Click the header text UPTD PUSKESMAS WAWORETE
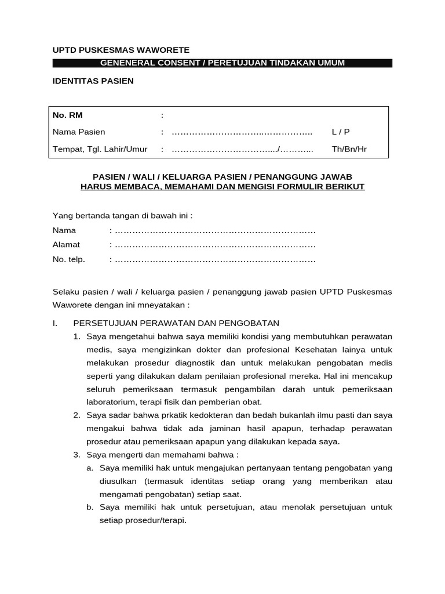click(x=121, y=50)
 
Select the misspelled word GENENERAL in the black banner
click(x=125, y=63)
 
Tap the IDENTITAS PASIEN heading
click(x=93, y=81)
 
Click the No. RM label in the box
click(x=68, y=115)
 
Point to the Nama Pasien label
click(x=79, y=132)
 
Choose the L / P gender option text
click(x=341, y=132)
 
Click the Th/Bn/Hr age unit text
click(x=349, y=149)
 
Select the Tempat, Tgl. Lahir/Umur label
click(x=100, y=149)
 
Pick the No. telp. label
click(x=69, y=259)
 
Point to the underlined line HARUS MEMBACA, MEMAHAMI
click(x=222, y=187)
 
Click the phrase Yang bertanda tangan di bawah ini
click(x=122, y=216)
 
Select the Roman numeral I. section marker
click(x=55, y=323)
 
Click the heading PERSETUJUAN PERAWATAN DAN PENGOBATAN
click(x=176, y=323)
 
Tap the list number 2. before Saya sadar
click(x=76, y=415)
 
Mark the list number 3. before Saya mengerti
click(x=76, y=454)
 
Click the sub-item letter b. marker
click(x=90, y=507)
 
